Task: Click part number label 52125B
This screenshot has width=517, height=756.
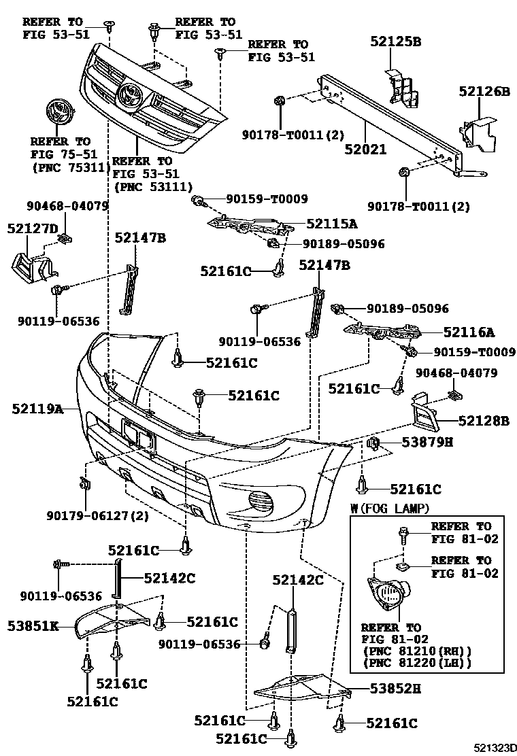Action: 395,41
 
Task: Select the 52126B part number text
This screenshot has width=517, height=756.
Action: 484,90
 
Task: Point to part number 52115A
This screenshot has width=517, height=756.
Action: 332,222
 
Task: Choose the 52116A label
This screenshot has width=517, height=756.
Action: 469,332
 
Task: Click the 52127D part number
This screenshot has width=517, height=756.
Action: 33,229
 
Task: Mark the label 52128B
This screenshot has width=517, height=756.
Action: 483,422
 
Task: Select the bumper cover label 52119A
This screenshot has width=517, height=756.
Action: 37,409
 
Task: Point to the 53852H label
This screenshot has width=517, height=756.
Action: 395,689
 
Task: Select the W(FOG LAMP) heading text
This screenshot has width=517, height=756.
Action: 390,508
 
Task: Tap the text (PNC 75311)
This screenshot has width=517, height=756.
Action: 63,166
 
